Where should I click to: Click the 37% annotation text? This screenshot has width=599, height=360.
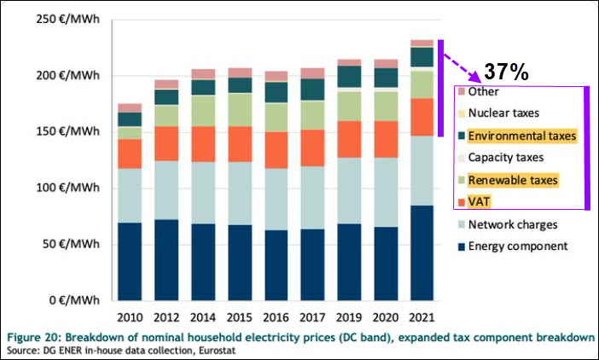coord(506,73)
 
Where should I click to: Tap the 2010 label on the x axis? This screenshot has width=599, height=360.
coord(130,316)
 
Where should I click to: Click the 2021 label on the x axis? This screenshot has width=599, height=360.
coord(422,316)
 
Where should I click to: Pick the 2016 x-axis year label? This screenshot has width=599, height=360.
coord(276,316)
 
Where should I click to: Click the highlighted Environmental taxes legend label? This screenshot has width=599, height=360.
coord(522,136)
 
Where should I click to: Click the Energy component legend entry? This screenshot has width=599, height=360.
coord(523,247)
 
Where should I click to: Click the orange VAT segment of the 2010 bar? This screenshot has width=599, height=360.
coord(130,154)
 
